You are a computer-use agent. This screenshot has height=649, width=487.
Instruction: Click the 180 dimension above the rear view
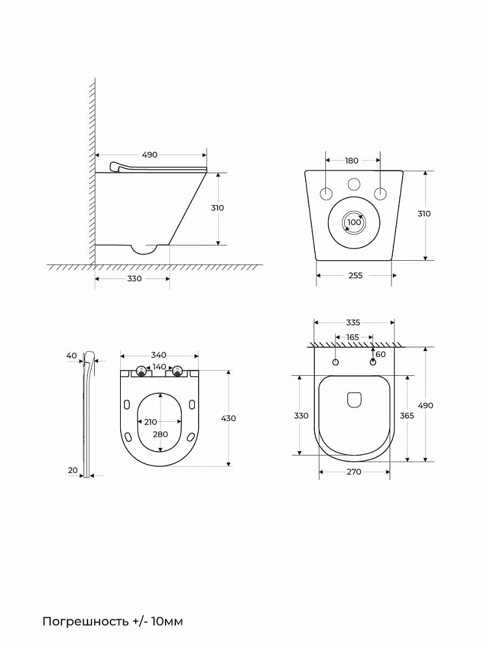pyautogui.click(x=351, y=160)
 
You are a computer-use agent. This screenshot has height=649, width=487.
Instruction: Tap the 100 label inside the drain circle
pyautogui.click(x=354, y=222)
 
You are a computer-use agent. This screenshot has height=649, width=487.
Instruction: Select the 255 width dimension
pyautogui.click(x=355, y=275)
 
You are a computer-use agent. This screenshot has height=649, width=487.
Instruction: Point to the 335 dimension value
pyautogui.click(x=353, y=323)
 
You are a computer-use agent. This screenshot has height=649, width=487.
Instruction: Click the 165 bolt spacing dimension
pyautogui.click(x=353, y=337)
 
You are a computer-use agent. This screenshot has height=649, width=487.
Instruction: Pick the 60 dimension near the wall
pyautogui.click(x=381, y=354)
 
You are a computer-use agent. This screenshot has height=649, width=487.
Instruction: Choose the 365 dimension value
pyautogui.click(x=406, y=415)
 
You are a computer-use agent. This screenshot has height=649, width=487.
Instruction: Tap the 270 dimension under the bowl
pyautogui.click(x=354, y=471)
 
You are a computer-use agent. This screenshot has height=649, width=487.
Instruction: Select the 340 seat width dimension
pyautogui.click(x=158, y=355)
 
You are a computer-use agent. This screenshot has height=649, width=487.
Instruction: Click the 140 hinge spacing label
pyautogui.click(x=160, y=367)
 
